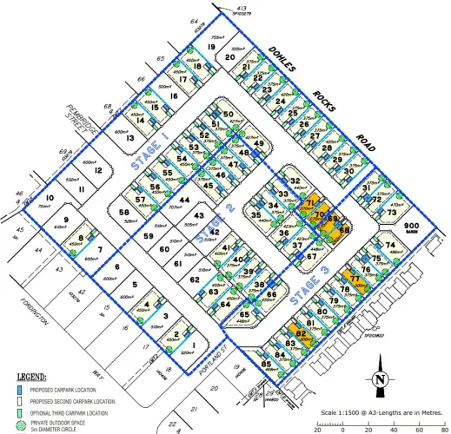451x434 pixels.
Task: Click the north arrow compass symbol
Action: [x=379, y=380]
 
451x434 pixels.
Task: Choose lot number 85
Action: [x=267, y=365]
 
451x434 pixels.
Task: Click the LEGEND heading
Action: [x=31, y=377]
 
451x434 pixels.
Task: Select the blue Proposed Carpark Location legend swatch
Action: [x=23, y=391]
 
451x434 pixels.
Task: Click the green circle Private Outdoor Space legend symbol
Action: [x=23, y=424]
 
